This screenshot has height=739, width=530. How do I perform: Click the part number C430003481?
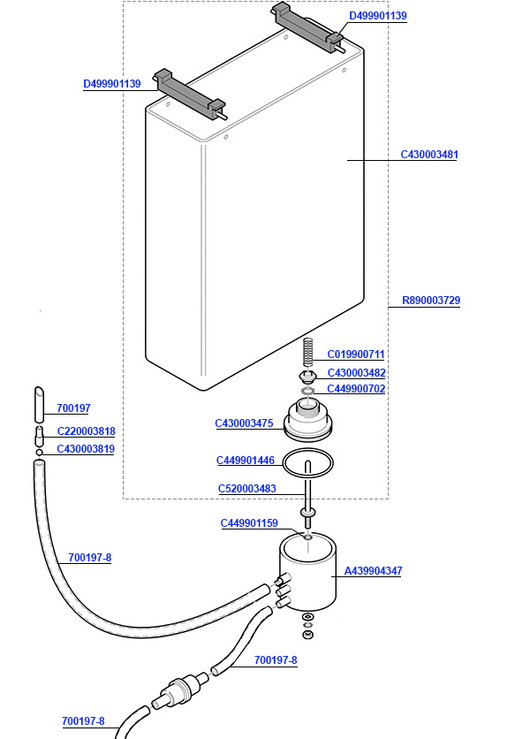[x=429, y=155]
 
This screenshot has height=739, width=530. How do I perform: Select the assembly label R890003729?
[x=431, y=301]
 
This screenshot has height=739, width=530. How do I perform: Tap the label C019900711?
[x=356, y=354]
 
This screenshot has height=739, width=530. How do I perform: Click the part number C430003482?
[x=356, y=373]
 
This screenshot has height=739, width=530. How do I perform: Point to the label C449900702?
[x=356, y=389]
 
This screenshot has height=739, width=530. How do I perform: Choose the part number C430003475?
[x=244, y=423]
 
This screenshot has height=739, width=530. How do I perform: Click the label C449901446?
[x=246, y=461]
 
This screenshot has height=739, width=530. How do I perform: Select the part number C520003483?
[x=247, y=489]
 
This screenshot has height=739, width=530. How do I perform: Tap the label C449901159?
[x=249, y=523]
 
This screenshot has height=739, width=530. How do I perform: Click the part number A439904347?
[x=373, y=571]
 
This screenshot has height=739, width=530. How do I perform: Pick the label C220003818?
[x=86, y=431]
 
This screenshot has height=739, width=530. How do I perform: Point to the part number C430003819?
[x=86, y=449]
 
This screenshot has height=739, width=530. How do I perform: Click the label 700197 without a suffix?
[x=73, y=408]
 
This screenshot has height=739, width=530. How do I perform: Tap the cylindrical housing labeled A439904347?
[x=305, y=575]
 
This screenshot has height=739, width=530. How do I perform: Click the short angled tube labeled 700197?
[x=40, y=404]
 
